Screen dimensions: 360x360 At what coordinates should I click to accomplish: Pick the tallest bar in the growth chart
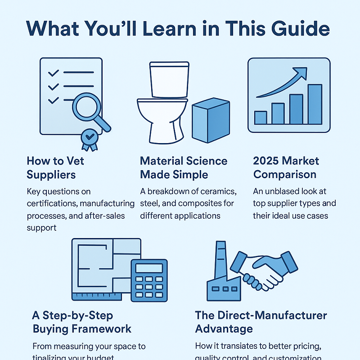click(315, 104)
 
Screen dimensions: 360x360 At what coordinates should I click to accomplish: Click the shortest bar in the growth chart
click(261, 117)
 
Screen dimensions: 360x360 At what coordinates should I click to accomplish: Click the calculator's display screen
click(149, 269)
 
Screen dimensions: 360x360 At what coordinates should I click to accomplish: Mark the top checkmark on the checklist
click(53, 72)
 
